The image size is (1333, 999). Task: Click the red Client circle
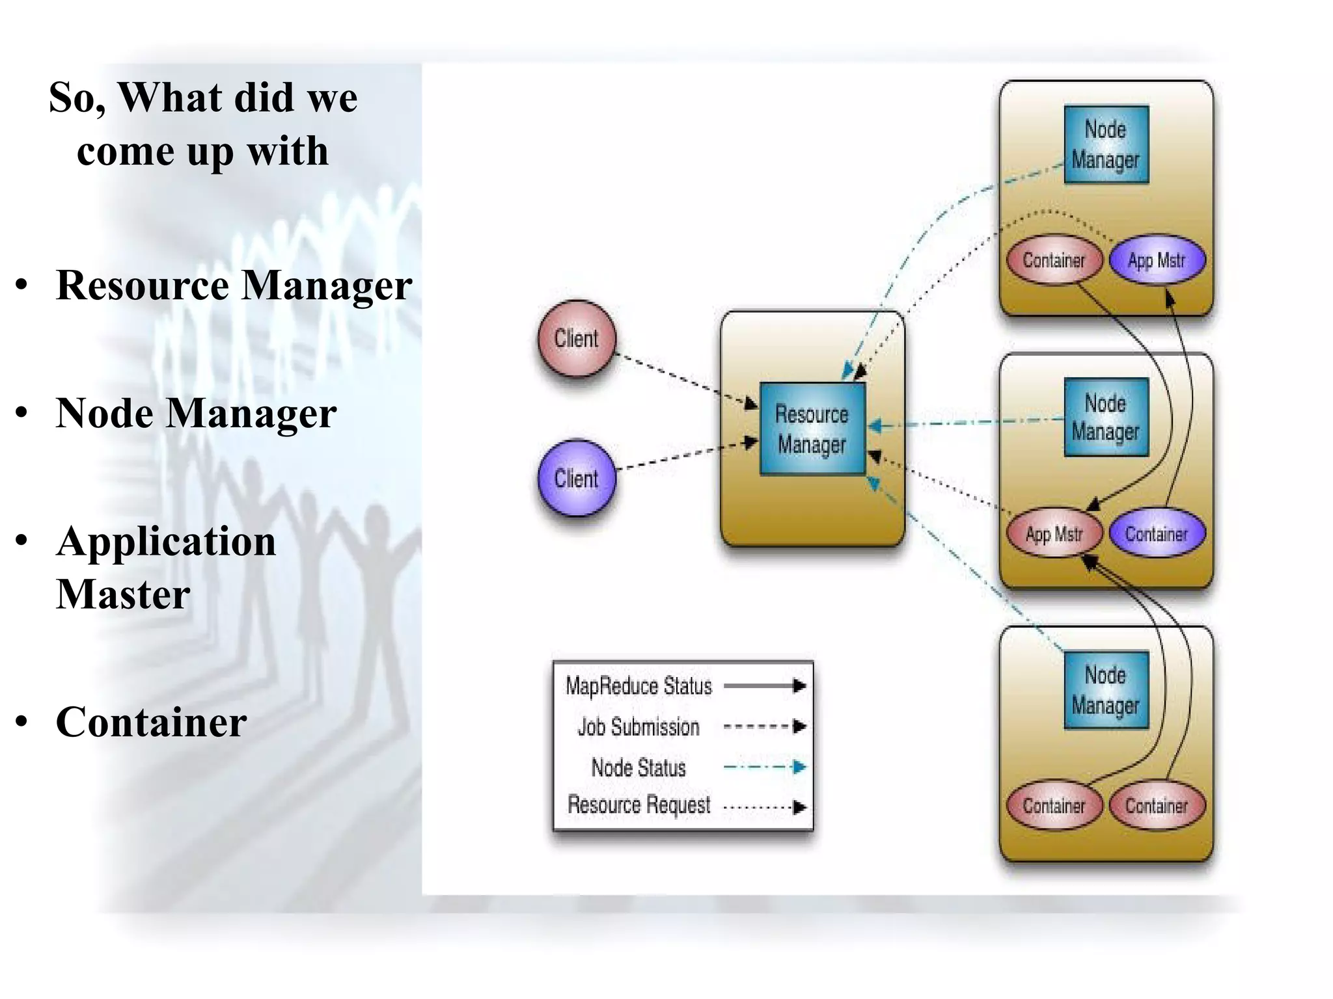tap(577, 339)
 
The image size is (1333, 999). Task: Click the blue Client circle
tap(577, 479)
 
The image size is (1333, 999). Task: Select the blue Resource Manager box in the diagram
tap(812, 429)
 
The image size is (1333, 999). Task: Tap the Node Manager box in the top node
tap(1106, 144)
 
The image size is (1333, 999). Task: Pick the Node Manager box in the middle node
tap(1106, 418)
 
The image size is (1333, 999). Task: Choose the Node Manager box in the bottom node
tap(1106, 690)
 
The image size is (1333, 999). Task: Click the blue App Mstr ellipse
tap(1157, 261)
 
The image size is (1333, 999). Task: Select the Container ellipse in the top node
tap(1054, 261)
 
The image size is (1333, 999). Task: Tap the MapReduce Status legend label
tap(639, 686)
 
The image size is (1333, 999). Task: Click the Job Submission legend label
tap(639, 727)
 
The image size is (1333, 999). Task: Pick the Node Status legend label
tap(639, 768)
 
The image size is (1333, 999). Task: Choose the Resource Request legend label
tap(639, 805)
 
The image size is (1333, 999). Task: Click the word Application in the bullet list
tap(166, 542)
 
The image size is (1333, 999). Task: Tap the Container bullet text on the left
tap(151, 722)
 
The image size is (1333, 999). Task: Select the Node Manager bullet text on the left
tap(196, 414)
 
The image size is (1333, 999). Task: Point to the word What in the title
tap(170, 98)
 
